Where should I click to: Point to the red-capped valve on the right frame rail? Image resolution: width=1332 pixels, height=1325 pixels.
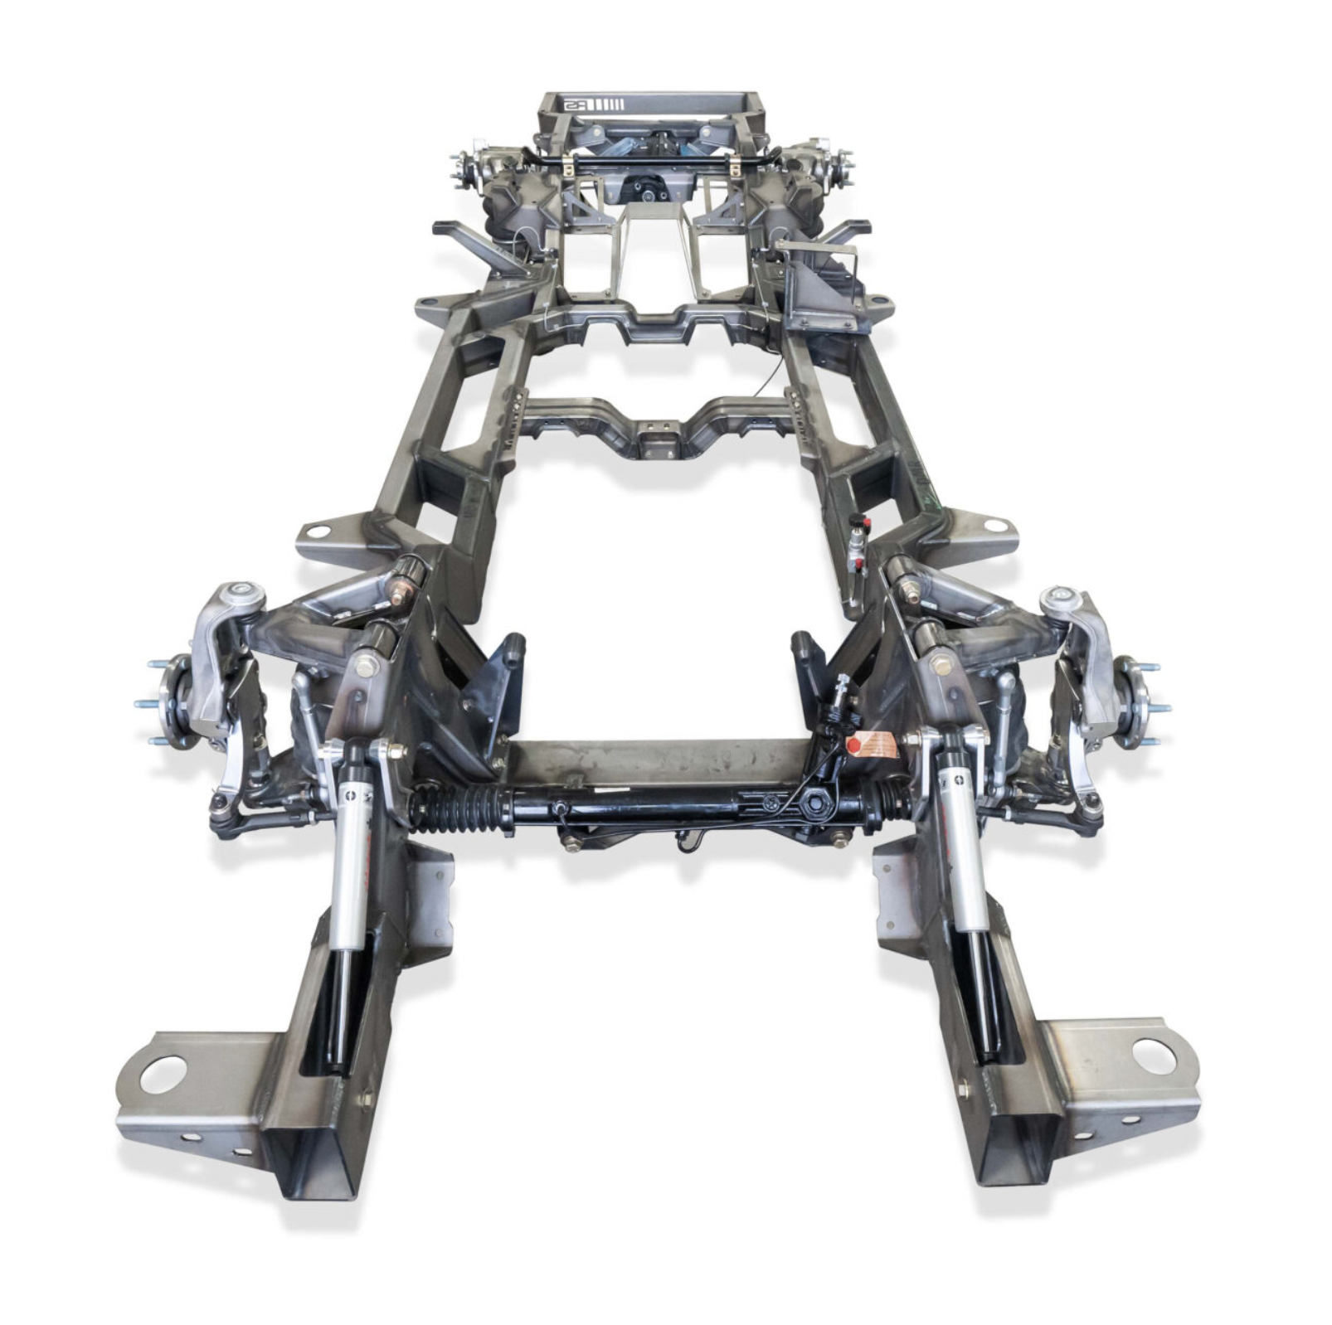(x=863, y=523)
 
